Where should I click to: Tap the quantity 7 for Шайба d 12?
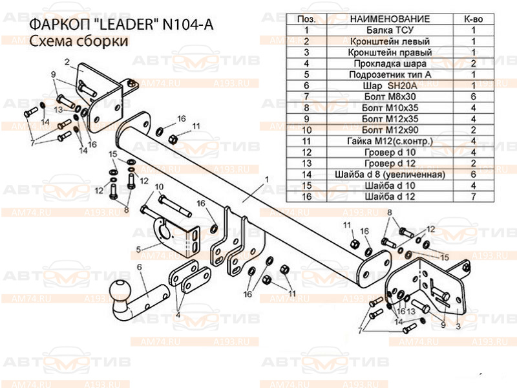click(x=474, y=197)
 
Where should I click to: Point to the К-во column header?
click(x=474, y=19)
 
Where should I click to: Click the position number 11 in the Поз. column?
click(x=306, y=141)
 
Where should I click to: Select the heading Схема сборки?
click(x=78, y=41)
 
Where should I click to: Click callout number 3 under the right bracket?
click(x=458, y=327)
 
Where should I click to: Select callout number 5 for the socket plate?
click(x=138, y=249)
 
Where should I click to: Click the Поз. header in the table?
click(x=306, y=19)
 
